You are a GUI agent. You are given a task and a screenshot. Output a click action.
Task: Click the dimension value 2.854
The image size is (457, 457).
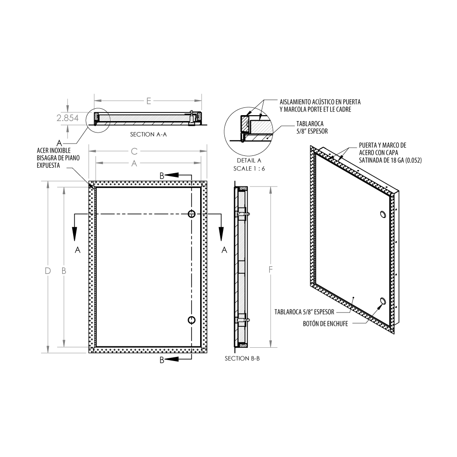[x=68, y=118]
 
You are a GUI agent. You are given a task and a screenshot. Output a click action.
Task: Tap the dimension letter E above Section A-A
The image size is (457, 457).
[x=149, y=101]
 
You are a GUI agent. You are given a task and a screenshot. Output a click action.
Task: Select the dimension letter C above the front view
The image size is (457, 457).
[x=134, y=151]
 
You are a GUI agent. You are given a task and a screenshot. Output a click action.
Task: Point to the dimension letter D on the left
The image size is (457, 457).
[x=48, y=271]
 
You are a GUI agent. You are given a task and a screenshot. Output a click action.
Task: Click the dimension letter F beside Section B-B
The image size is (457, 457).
[x=271, y=270]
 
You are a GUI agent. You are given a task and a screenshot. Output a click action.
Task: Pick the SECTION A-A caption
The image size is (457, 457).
[x=149, y=134]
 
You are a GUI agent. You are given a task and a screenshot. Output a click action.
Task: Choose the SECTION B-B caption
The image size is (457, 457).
[x=242, y=358]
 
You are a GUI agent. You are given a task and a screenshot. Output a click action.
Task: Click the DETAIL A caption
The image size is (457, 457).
[x=249, y=160]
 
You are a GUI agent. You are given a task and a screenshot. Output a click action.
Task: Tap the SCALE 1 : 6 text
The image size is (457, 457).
[x=249, y=169]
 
